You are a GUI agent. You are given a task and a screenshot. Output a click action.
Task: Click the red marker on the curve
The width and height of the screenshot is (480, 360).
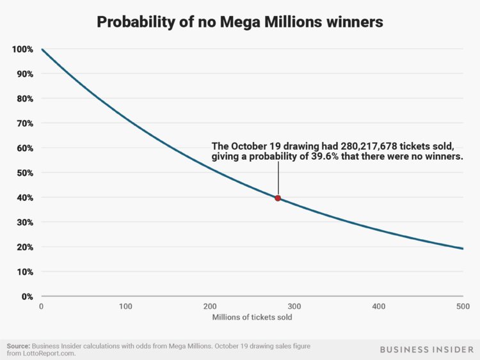[278, 198]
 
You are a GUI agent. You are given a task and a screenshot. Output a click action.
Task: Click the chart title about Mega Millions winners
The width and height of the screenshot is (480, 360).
[240, 22]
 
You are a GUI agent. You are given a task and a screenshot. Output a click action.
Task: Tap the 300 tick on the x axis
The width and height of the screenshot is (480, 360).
[294, 307]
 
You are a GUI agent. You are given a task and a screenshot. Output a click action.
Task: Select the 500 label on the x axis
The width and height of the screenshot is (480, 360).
[462, 307]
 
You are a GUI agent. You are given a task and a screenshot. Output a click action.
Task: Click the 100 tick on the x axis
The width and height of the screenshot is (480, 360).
[125, 307]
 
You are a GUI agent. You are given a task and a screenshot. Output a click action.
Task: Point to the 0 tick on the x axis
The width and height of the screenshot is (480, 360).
[42, 307]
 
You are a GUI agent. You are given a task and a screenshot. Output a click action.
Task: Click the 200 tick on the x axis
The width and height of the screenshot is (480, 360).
[209, 307]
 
